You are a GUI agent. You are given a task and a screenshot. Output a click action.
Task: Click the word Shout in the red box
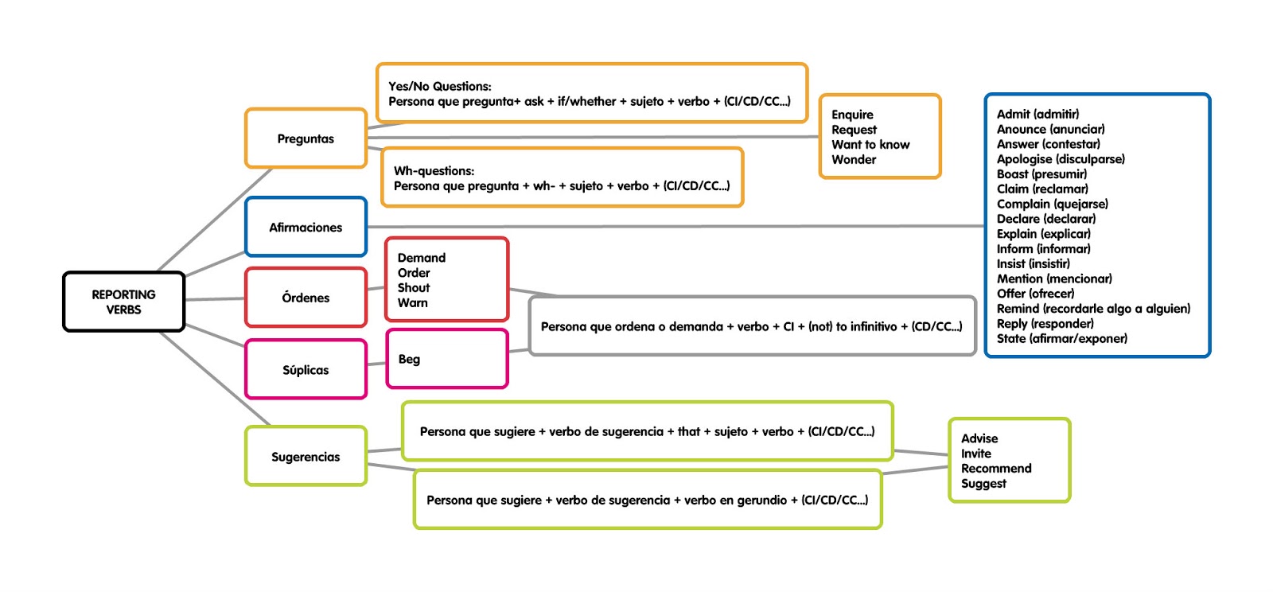tap(414, 287)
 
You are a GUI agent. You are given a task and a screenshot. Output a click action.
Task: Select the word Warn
tap(413, 303)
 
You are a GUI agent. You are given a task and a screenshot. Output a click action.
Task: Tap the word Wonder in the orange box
tap(854, 160)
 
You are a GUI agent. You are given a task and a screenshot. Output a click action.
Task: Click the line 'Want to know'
tap(870, 144)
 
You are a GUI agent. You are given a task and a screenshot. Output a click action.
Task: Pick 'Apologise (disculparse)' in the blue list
tap(1061, 159)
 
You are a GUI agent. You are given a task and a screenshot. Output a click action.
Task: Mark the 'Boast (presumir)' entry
tap(1041, 173)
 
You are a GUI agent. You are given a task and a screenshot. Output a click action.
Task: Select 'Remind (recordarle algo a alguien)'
tap(1093, 309)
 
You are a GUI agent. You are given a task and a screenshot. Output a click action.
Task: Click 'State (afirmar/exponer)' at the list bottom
tap(1062, 339)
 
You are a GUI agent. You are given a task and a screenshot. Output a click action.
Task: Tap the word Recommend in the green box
tap(995, 469)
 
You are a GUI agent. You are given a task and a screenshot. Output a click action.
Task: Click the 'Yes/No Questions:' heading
tap(440, 87)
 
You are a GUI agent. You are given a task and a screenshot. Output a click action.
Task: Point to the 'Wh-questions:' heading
tap(434, 171)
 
